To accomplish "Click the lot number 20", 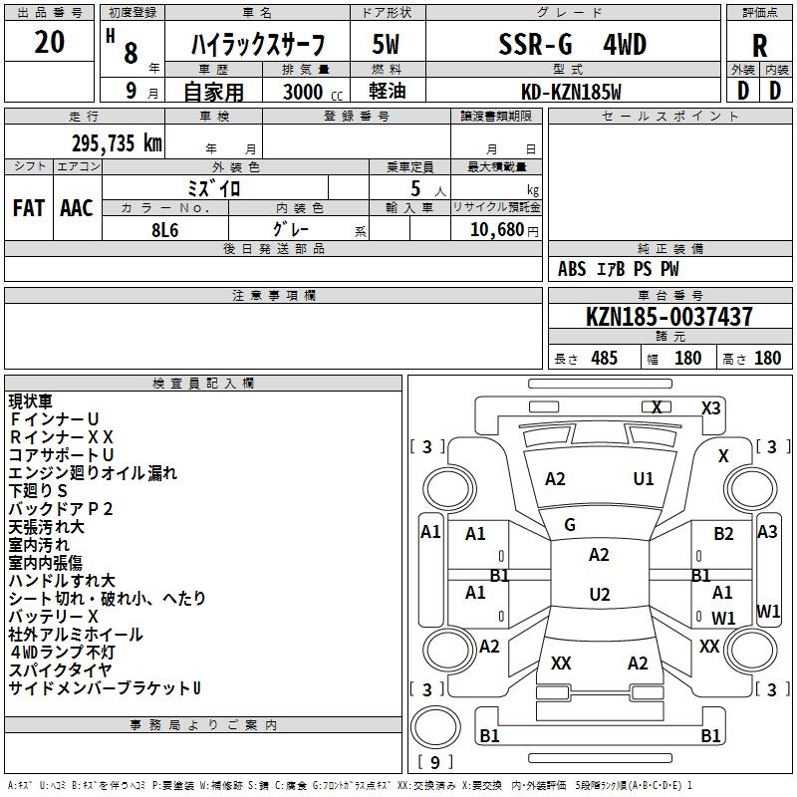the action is (50, 42).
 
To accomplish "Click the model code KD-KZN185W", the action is (572, 91).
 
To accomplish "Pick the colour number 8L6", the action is (165, 228).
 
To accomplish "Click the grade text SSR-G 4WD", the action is (572, 44).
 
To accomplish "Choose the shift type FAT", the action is (28, 208).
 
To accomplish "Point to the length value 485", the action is (604, 358).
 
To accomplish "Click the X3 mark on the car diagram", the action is (710, 407).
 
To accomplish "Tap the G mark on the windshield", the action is (570, 525).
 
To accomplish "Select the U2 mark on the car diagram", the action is (599, 595).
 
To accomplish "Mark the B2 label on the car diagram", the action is (723, 534).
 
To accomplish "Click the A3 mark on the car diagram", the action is (767, 532).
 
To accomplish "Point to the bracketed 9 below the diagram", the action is (434, 763).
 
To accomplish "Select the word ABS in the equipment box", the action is (572, 269).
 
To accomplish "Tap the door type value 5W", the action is (388, 44).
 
